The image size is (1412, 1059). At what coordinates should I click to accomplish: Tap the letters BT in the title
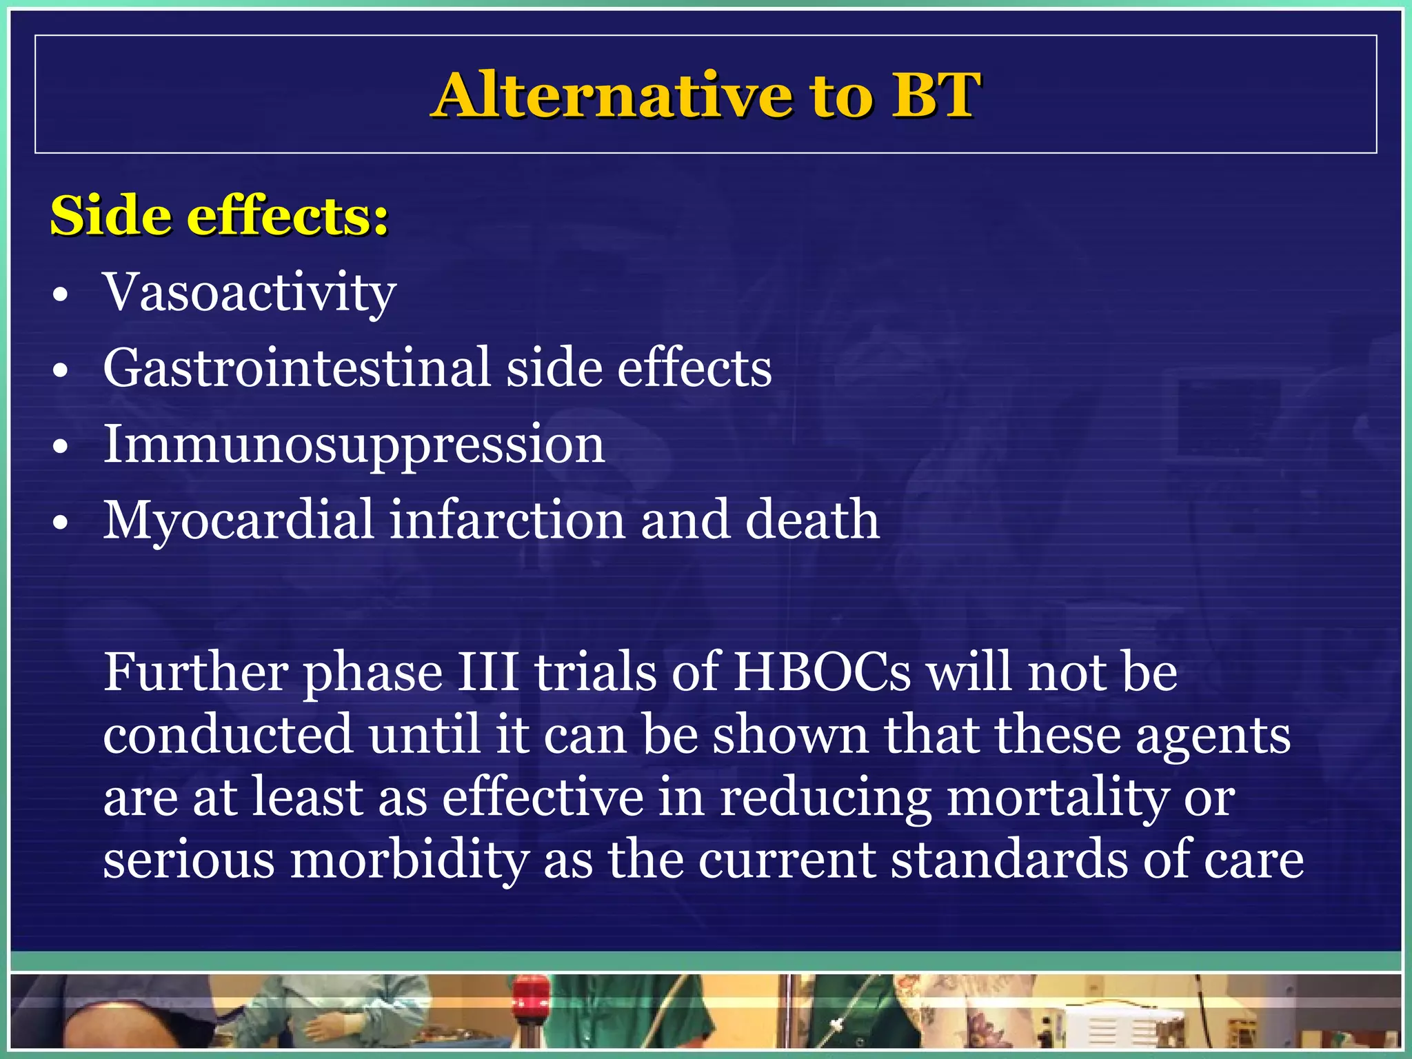point(935,95)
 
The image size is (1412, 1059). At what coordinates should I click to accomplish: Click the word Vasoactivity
point(249,292)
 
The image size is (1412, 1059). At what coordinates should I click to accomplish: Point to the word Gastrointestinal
point(296,368)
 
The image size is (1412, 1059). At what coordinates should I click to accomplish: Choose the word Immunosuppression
point(354,445)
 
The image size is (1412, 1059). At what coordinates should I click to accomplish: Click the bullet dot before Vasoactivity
point(61,296)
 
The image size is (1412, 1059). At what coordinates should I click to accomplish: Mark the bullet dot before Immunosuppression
point(61,447)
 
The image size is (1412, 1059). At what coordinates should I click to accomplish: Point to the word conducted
point(228,734)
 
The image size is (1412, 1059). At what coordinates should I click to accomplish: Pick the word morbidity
point(409,860)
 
